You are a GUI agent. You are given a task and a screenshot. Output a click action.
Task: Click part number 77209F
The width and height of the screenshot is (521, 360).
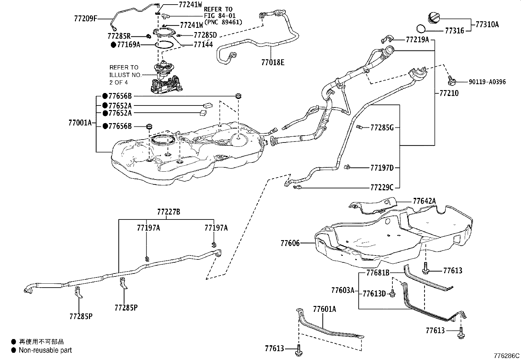(86, 19)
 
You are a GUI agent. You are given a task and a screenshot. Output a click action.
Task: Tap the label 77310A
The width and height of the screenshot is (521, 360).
(487, 25)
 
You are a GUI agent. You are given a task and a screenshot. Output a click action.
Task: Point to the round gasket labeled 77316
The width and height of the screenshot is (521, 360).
(421, 28)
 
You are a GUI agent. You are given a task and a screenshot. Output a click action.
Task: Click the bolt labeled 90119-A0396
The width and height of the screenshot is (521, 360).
(451, 80)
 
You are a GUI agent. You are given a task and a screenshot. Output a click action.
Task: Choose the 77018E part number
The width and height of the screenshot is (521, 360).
(273, 63)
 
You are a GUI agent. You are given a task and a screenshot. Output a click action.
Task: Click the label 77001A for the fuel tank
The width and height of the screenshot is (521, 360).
(80, 123)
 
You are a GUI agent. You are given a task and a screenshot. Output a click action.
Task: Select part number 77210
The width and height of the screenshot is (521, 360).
(449, 93)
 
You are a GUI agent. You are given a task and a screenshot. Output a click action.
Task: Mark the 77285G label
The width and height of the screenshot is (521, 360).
(382, 128)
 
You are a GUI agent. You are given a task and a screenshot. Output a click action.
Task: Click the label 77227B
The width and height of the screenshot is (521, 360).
(169, 212)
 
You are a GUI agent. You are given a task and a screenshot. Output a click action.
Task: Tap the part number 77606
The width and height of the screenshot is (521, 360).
(290, 243)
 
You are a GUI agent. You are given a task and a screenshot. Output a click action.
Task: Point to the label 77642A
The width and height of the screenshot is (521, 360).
(424, 201)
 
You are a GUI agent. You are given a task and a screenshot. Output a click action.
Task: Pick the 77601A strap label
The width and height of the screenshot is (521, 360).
(324, 309)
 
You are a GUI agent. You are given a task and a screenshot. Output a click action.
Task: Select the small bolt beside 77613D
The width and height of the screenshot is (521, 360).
(392, 294)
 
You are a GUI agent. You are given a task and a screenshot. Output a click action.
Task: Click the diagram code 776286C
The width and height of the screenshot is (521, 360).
(507, 356)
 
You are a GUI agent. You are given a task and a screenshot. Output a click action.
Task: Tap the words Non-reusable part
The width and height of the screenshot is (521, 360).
(45, 350)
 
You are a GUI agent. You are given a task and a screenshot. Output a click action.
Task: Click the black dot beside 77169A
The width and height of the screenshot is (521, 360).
(114, 45)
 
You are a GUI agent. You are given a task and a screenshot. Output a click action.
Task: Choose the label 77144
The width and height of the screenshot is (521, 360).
(203, 45)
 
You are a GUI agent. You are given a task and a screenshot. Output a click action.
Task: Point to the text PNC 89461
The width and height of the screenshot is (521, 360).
(223, 22)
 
